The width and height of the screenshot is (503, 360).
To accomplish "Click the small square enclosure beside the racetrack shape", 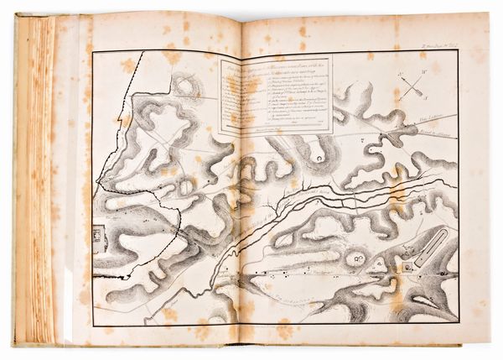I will coord(408,265).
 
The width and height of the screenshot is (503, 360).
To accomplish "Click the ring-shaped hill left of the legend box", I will coord(186,84).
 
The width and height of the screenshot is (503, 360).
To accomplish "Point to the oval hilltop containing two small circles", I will coord(355,259).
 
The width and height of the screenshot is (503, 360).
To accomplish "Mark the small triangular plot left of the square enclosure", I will coord(378,266).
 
